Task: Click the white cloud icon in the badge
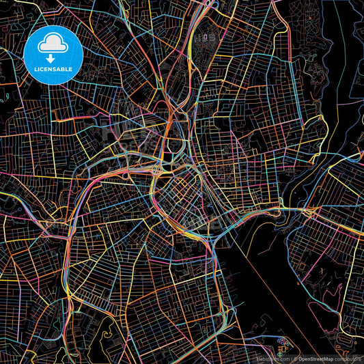[x=53, y=44]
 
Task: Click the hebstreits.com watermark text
[x=272, y=359]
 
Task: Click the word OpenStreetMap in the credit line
[x=316, y=359]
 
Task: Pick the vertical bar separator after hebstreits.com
[x=290, y=359]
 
